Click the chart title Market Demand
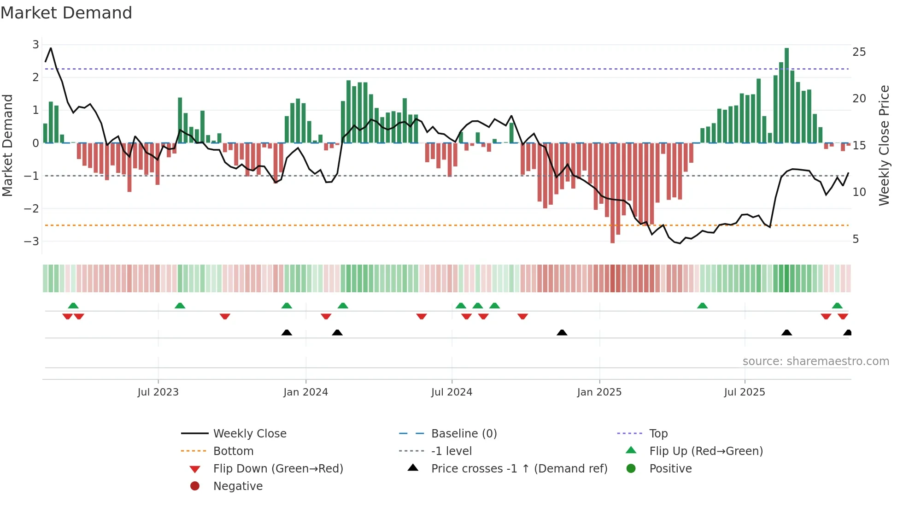coord(66,13)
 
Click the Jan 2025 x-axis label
coord(599,392)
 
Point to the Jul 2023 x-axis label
coord(158,392)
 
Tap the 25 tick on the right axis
coord(859,52)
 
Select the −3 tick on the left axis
coord(31,241)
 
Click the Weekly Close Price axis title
coord(884,145)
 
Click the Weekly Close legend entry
coord(249,433)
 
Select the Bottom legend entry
coord(233,451)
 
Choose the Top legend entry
coord(658,433)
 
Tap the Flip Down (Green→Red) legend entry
coord(278,468)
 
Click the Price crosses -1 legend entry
coord(519,468)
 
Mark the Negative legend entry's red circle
coord(195,486)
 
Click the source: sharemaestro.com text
coord(815,361)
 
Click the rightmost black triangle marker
coord(847,332)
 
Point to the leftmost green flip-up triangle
coord(73,306)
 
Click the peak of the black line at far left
coord(51,48)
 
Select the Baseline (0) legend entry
coord(463,433)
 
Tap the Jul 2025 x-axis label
coord(744,392)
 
